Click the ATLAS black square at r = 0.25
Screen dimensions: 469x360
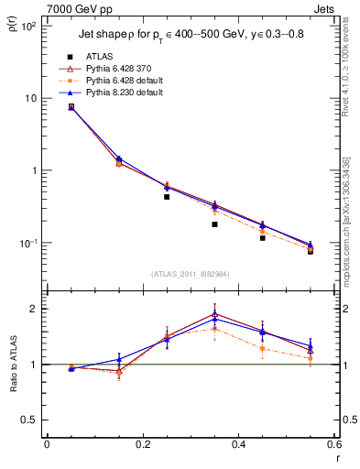167,196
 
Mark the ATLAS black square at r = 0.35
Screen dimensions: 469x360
214,224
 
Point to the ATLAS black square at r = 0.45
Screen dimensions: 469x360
263,237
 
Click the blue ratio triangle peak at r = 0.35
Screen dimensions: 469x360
214,318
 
